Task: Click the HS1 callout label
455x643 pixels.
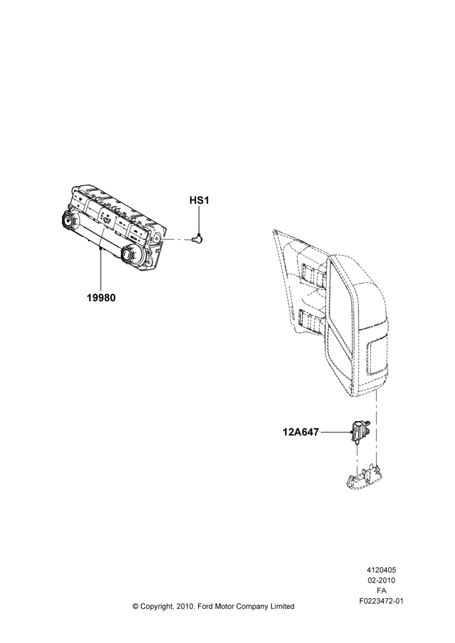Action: pos(199,201)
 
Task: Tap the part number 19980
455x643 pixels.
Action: pos(101,298)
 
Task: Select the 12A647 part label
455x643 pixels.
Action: pos(301,432)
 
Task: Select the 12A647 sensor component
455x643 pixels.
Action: pos(359,432)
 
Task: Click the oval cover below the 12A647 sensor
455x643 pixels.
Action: pos(365,480)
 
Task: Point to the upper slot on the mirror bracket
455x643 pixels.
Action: pos(314,274)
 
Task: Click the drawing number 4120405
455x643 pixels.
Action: pos(381,570)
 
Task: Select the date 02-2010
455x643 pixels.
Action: pos(381,580)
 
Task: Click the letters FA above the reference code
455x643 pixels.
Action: pos(381,591)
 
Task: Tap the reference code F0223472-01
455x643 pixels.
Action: pos(381,601)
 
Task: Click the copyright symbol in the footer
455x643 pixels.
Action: pos(135,606)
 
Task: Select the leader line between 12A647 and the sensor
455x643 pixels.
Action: pos(335,432)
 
